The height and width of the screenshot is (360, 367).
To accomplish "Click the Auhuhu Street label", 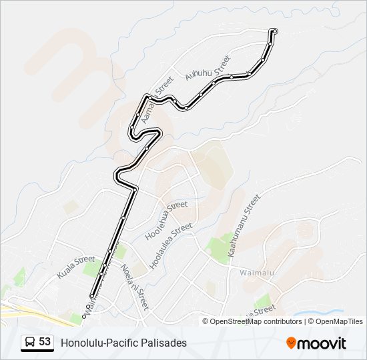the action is (208, 69).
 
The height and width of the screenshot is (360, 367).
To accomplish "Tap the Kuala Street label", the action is (76, 266).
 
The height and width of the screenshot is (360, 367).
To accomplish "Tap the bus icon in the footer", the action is (30, 342).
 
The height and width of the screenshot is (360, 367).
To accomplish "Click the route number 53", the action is (45, 342).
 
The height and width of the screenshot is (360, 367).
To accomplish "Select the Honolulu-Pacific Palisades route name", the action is (124, 343).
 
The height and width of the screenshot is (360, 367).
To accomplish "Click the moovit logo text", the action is (322, 343).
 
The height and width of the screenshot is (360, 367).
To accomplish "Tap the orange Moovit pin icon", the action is (292, 343).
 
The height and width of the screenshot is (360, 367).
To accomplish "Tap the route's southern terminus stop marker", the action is (91, 295).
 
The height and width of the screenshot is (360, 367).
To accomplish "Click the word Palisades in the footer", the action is (163, 343).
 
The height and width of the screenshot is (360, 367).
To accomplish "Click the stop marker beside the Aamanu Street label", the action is (149, 98).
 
